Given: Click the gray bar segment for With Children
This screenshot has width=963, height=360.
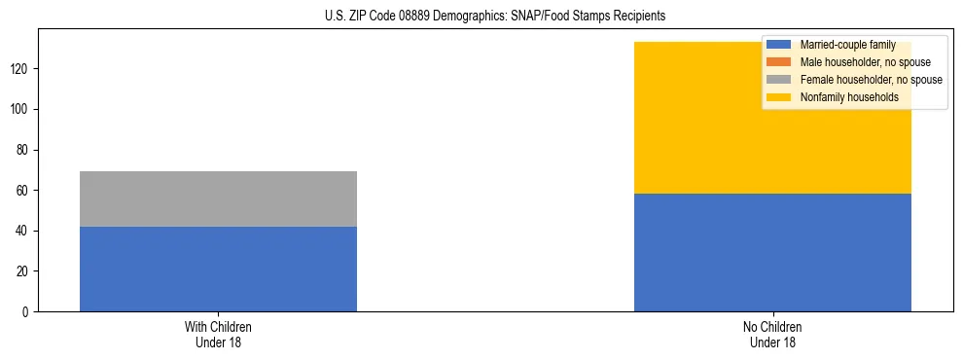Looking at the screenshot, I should pyautogui.click(x=218, y=198).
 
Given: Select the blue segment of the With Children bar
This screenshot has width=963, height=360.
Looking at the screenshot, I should pyautogui.click(x=218, y=269).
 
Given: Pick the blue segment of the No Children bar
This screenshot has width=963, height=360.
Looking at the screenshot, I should pyautogui.click(x=772, y=252).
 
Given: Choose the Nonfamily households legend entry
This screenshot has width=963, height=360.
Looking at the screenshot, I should pyautogui.click(x=848, y=97).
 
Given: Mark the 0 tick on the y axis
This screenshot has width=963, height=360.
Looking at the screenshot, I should pyautogui.click(x=26, y=311).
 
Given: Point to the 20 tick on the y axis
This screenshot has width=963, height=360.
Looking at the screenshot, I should pyautogui.click(x=23, y=271).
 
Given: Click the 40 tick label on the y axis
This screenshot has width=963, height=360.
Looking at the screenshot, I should pyautogui.click(x=23, y=231).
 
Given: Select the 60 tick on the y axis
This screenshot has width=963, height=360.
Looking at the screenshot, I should pyautogui.click(x=23, y=191).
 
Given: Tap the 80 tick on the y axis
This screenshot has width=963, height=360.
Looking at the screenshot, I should pyautogui.click(x=23, y=150).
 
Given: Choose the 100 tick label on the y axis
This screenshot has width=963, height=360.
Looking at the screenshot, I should pyautogui.click(x=20, y=109).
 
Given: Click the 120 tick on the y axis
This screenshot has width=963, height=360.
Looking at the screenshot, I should pyautogui.click(x=20, y=69).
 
